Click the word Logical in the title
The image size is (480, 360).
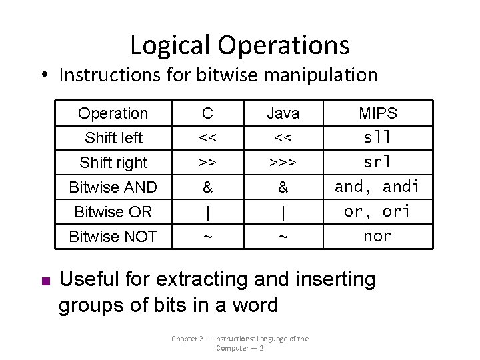(x=160, y=45)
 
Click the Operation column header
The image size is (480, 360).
(x=113, y=113)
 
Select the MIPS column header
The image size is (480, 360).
(x=377, y=113)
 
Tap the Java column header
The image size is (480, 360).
(x=283, y=114)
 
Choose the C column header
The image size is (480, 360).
(x=208, y=113)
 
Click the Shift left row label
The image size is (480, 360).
(x=113, y=138)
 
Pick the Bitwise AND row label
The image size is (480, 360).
(x=113, y=187)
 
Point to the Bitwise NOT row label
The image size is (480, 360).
(x=113, y=236)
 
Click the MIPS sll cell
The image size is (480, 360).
(x=377, y=138)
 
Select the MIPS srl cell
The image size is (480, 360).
(x=377, y=162)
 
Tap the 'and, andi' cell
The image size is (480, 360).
(x=377, y=187)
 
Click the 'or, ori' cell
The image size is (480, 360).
(x=377, y=211)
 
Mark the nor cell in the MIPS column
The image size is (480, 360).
(x=377, y=235)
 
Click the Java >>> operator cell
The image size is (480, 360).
(x=283, y=163)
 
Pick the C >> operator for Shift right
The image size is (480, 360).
(x=208, y=163)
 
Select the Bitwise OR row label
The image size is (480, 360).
(x=113, y=212)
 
